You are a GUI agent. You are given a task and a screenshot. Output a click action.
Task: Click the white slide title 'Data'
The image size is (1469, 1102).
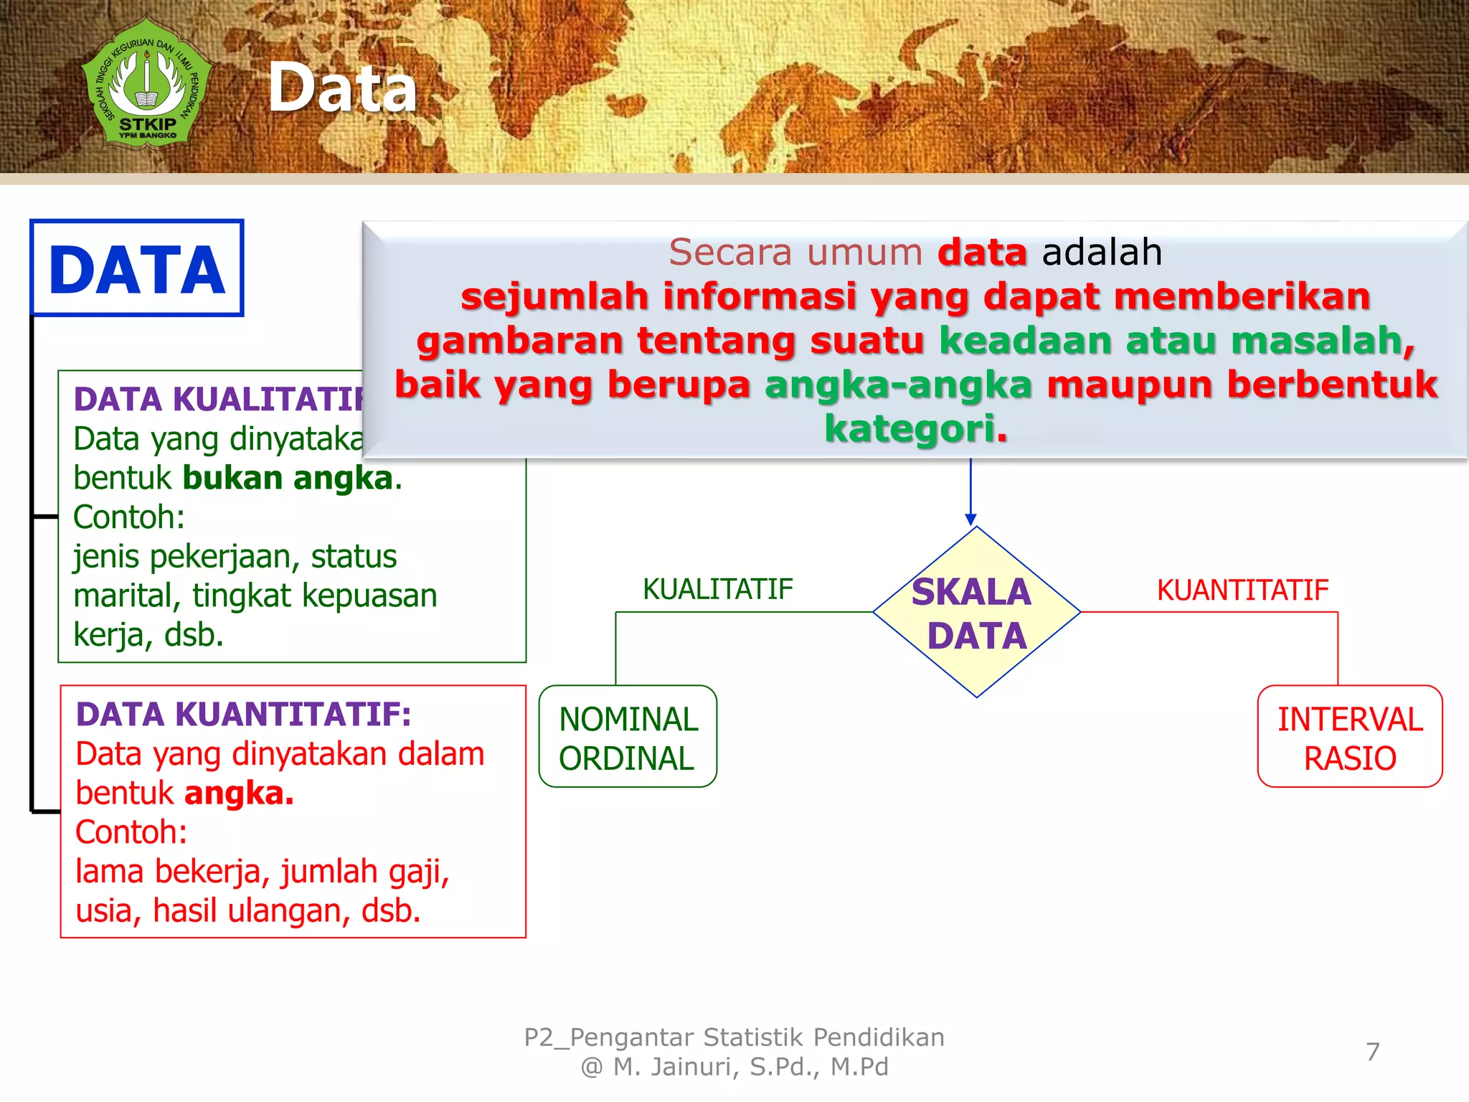(342, 88)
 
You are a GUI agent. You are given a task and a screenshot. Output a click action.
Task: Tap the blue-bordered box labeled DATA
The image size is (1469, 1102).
(136, 268)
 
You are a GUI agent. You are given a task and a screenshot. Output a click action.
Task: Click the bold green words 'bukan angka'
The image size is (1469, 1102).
(288, 478)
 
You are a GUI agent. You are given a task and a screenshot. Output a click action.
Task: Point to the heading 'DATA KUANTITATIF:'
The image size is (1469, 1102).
(243, 714)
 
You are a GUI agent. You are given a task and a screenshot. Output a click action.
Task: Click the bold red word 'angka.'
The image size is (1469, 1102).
(239, 793)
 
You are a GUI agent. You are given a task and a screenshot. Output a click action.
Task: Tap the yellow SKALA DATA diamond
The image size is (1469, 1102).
(976, 613)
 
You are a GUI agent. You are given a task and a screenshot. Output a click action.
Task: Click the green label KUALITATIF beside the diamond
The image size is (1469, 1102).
(717, 589)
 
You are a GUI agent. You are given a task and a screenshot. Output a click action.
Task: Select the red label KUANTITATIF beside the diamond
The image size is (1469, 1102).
(1242, 590)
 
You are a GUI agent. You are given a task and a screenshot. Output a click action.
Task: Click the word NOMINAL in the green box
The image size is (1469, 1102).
(628, 719)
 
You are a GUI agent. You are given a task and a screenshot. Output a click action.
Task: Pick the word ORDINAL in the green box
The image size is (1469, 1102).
(626, 758)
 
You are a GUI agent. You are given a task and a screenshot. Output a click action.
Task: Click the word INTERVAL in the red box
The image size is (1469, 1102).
(1350, 719)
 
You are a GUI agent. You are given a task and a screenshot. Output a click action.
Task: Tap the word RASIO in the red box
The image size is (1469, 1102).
(1350, 758)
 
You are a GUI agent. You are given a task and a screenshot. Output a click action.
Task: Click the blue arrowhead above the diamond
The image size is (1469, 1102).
(970, 519)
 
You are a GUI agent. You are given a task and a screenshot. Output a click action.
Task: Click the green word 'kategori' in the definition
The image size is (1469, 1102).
(909, 428)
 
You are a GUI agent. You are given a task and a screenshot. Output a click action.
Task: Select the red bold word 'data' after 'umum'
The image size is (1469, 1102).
(982, 252)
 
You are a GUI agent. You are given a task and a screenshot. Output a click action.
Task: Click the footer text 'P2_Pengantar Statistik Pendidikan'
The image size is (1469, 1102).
(734, 1037)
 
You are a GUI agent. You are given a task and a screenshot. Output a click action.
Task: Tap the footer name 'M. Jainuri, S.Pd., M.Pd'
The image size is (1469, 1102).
(750, 1067)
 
